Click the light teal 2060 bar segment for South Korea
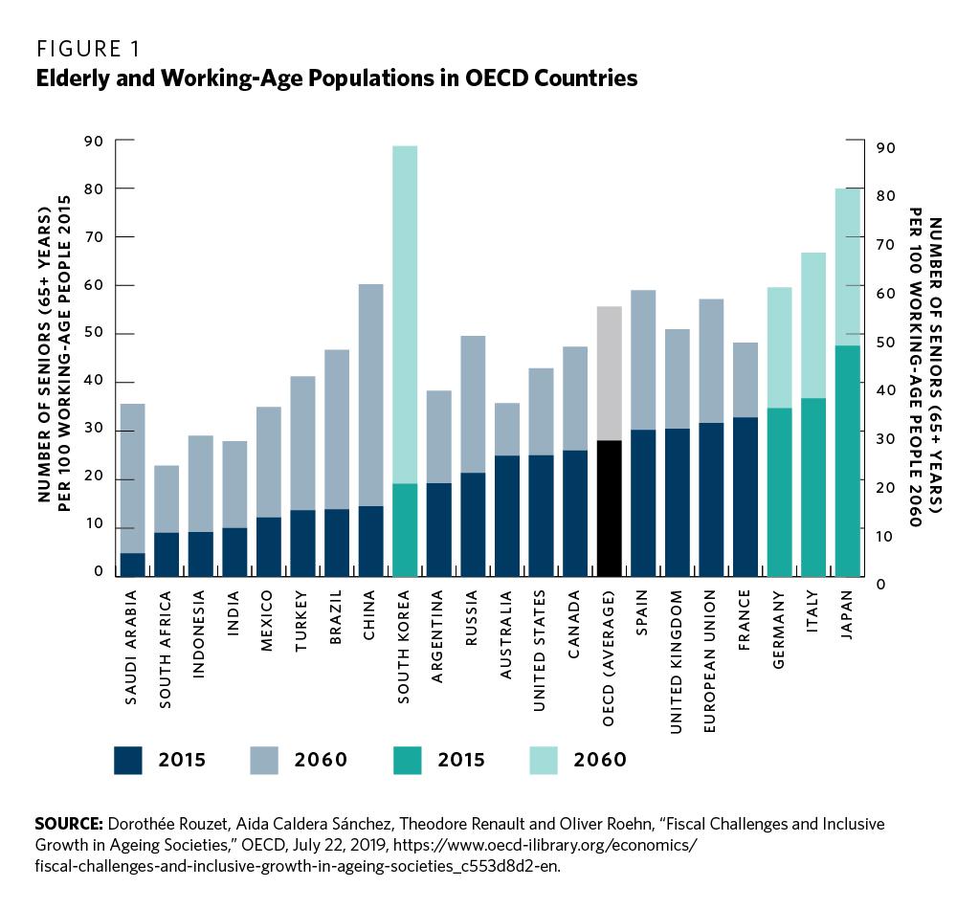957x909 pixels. pos(405,316)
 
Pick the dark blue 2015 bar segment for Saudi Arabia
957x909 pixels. pos(132,565)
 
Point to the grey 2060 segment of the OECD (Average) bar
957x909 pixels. pos(610,373)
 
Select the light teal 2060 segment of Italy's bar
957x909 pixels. pos(813,325)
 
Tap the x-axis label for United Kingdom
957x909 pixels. pos(677,661)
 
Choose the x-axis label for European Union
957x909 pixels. pos(710,662)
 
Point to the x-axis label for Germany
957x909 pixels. pos(778,633)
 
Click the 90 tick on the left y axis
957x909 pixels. pos(95,141)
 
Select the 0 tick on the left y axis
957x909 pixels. pos(99,572)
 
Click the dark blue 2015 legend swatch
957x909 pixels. pos(127,760)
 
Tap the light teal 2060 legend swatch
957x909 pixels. pos(543,760)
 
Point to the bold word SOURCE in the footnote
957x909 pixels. pos(68,824)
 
